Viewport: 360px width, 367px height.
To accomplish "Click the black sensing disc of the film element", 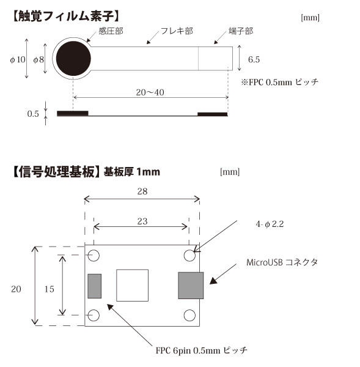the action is tap(73, 59).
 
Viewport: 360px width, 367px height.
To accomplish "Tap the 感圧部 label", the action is tap(111, 31).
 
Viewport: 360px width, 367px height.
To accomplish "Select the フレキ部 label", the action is tap(177, 31).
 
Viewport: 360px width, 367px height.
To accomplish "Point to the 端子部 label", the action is tap(241, 31).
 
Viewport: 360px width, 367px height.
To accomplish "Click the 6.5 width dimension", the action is tap(254, 59).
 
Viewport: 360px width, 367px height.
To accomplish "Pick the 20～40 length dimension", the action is tap(150, 92).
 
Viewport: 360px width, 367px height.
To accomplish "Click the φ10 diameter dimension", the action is tap(18, 59).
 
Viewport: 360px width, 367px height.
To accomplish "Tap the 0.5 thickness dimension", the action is tap(33, 114).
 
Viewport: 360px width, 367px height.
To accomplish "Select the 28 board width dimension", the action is tap(142, 191).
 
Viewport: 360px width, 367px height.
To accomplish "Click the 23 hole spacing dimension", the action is tap(142, 221).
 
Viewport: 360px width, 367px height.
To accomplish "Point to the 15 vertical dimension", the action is tap(50, 289).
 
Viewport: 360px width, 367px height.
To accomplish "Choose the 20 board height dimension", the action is tap(16, 289).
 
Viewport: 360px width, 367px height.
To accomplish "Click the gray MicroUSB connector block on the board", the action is tap(191, 285).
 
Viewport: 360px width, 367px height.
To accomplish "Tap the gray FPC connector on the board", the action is tap(95, 286).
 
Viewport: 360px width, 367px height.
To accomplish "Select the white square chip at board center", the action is tap(133, 285).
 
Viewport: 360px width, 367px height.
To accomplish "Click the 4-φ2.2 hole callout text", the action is tap(270, 224).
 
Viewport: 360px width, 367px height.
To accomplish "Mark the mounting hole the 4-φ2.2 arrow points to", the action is tap(189, 255).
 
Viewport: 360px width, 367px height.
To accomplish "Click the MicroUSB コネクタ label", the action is tap(282, 262).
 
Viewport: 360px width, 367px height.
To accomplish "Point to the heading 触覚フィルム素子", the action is tap(66, 17).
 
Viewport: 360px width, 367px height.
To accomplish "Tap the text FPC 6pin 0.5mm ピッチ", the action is tap(202, 350).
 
